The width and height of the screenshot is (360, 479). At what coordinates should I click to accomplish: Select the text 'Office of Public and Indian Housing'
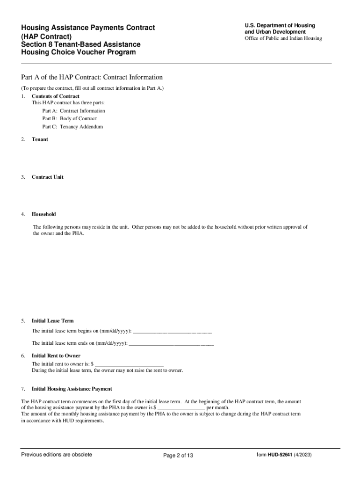click(x=283, y=38)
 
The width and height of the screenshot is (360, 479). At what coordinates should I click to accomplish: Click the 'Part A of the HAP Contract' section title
click(x=92, y=77)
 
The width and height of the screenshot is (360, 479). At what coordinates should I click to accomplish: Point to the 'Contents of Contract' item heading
click(x=55, y=96)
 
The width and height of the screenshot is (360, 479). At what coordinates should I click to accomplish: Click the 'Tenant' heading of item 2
click(x=40, y=139)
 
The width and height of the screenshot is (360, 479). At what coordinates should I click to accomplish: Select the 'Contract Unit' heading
click(x=47, y=177)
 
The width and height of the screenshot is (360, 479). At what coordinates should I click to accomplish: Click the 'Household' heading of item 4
click(x=43, y=214)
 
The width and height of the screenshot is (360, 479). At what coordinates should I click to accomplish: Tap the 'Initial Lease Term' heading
click(x=52, y=321)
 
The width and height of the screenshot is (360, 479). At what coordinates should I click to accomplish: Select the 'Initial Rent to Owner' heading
click(x=56, y=356)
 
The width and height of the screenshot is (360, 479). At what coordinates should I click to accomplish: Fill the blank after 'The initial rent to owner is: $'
click(x=130, y=364)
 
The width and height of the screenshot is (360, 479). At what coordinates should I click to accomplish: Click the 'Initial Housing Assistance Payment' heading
click(x=72, y=389)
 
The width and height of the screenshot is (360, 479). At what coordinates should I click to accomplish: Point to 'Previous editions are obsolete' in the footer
click(x=57, y=455)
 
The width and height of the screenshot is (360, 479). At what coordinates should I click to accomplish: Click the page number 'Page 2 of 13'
click(x=178, y=456)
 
